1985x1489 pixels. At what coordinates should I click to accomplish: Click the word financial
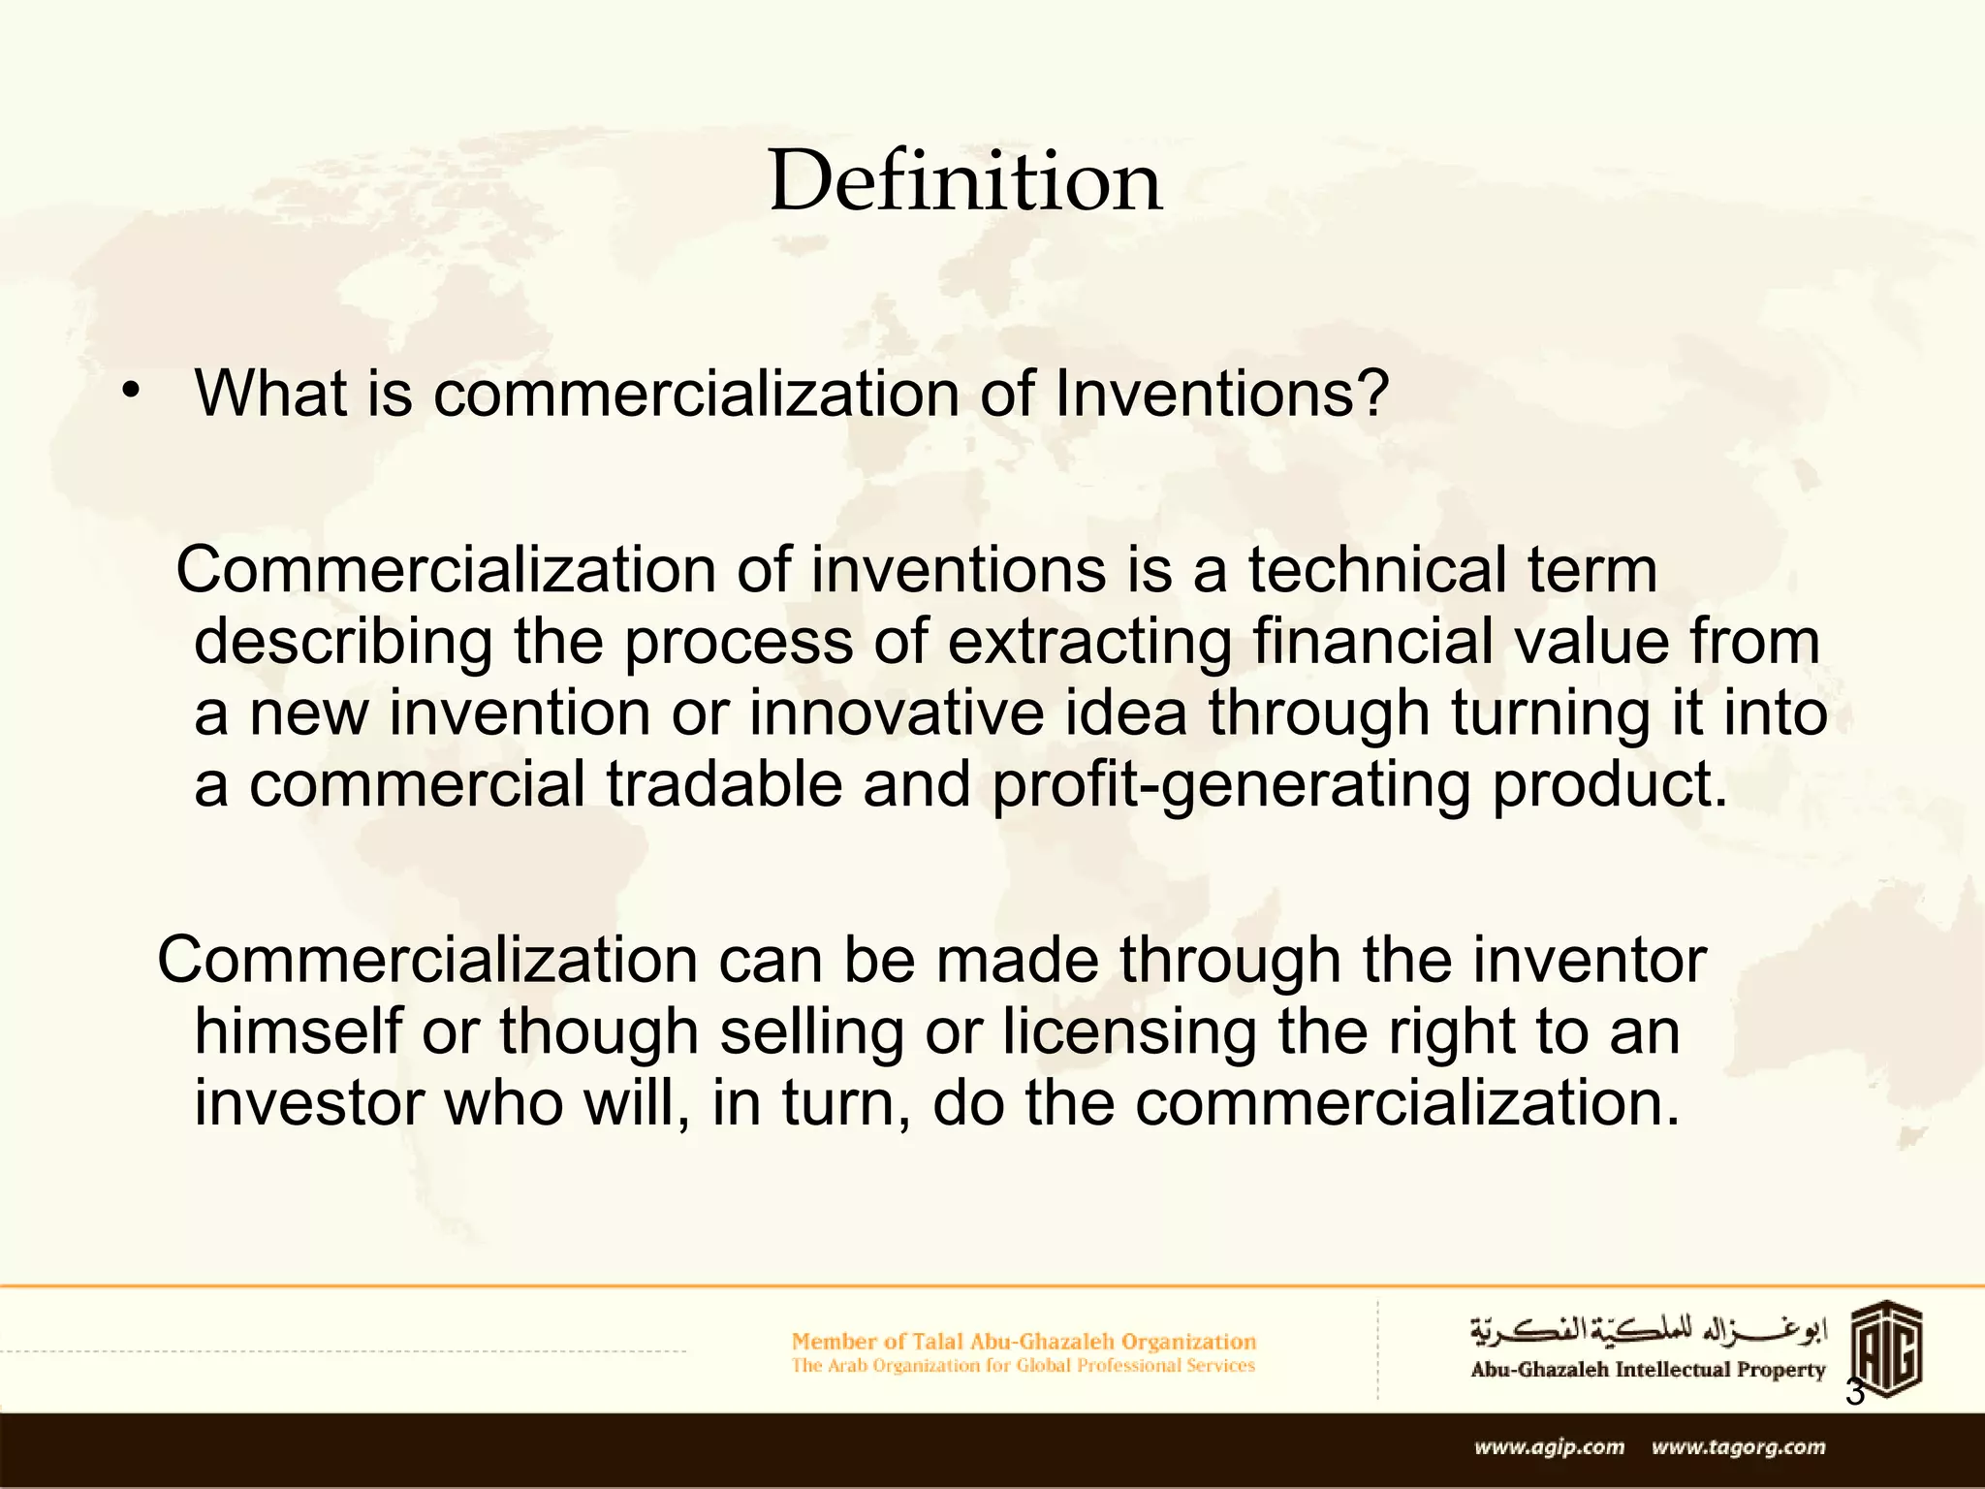click(1371, 642)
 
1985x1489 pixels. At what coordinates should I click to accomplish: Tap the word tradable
click(724, 784)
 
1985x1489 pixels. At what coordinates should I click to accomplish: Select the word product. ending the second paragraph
click(1610, 784)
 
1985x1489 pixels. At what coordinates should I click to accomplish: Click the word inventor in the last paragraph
click(1589, 961)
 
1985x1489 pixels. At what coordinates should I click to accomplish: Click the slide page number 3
click(1854, 1393)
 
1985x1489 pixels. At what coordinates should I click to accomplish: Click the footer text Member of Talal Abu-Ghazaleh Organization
click(1024, 1342)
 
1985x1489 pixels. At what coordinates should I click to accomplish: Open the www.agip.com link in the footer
click(1549, 1447)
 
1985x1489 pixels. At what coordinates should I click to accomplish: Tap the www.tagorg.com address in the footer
click(1739, 1447)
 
